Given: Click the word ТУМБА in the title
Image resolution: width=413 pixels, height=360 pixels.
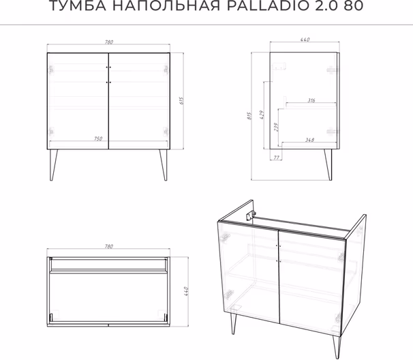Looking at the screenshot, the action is pyautogui.click(x=78, y=6).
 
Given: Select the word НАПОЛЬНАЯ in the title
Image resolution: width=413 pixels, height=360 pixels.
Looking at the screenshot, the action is pyautogui.click(x=166, y=6).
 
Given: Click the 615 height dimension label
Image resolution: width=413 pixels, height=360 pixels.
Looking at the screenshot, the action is pyautogui.click(x=182, y=100).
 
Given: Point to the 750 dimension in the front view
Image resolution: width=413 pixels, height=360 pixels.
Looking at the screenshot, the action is pyautogui.click(x=98, y=138).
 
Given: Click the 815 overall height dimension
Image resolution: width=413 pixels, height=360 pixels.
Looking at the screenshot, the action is pyautogui.click(x=249, y=116).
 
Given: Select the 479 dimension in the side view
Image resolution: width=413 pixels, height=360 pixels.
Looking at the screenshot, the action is pyautogui.click(x=262, y=115).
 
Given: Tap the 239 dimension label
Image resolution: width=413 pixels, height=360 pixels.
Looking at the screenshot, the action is pyautogui.click(x=275, y=127).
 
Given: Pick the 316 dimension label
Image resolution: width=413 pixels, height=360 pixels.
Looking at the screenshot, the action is pyautogui.click(x=311, y=100).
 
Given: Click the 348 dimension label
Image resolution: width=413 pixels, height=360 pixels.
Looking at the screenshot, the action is pyautogui.click(x=309, y=140).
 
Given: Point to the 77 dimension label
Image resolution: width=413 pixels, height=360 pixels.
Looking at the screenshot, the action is pyautogui.click(x=276, y=157).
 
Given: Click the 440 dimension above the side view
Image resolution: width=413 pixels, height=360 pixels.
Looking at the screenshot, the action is pyautogui.click(x=305, y=40).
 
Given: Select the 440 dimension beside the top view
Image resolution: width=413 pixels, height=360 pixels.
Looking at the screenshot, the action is pyautogui.click(x=186, y=292).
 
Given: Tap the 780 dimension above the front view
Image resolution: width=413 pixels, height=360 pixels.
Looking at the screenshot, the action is pyautogui.click(x=109, y=42).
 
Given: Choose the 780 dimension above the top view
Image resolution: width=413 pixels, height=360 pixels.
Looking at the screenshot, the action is pyautogui.click(x=109, y=246).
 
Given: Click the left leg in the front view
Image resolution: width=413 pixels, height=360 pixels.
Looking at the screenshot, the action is pyautogui.click(x=53, y=165).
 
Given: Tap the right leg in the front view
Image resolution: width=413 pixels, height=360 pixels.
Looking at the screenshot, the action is pyautogui.click(x=164, y=165).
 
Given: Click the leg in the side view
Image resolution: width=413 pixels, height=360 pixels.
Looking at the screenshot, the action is pyautogui.click(x=328, y=165).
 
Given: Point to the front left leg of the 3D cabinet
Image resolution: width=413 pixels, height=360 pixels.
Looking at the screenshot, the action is pyautogui.click(x=233, y=324).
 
